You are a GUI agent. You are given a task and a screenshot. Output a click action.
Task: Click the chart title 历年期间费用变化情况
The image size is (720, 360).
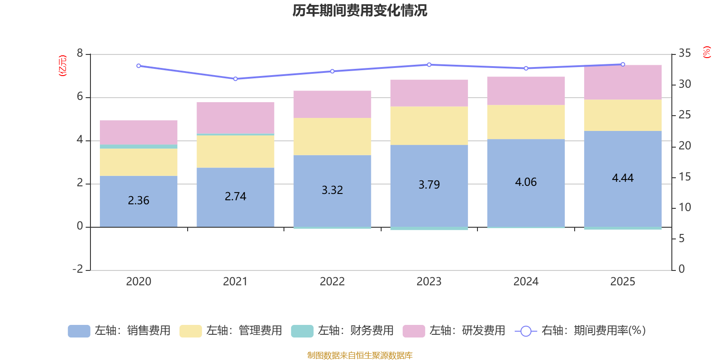tap(360, 10)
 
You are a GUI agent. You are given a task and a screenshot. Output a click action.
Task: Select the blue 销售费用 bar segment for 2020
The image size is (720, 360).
tap(138, 211)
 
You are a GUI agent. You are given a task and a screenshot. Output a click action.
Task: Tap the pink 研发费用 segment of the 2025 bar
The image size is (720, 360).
tap(623, 82)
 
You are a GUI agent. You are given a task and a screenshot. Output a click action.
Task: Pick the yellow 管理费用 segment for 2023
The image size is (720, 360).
tap(429, 126)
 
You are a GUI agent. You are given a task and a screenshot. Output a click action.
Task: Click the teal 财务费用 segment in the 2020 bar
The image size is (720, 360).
tap(138, 147)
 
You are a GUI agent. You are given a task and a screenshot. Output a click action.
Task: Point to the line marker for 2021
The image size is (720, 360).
tap(235, 79)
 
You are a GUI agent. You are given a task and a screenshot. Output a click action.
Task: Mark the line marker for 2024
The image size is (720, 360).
tap(526, 68)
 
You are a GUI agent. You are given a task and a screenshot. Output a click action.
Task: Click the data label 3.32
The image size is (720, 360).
tap(332, 190)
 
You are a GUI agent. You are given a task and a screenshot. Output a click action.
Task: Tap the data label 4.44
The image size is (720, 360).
tap(622, 178)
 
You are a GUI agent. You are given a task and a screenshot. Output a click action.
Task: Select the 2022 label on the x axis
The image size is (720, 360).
tap(332, 282)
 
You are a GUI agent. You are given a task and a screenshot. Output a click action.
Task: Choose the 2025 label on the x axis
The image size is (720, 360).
tap(622, 282)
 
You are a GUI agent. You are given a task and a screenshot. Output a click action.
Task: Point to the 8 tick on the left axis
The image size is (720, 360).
tap(80, 54)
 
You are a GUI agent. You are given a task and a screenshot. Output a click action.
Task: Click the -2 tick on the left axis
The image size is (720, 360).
tap(78, 269)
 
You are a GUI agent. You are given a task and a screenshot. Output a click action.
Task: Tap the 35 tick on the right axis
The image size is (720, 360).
tap(684, 54)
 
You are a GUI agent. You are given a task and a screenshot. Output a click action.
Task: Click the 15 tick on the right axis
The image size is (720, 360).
tap(684, 177)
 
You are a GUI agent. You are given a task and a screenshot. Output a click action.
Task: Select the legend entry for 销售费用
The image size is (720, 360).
tap(119, 331)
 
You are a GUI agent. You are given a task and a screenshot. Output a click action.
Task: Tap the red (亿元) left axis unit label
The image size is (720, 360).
tap(63, 66)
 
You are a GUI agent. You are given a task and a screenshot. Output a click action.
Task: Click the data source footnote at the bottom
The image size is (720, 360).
tap(360, 355)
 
